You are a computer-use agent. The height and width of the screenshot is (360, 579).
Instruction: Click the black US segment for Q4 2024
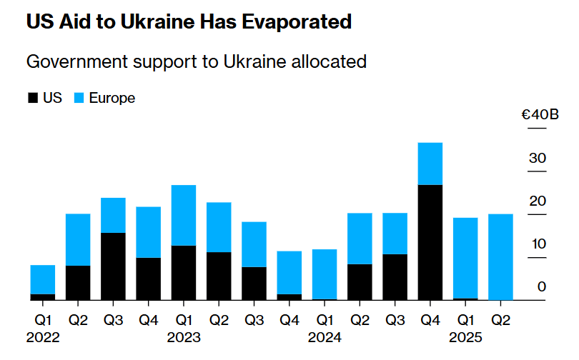click(430, 242)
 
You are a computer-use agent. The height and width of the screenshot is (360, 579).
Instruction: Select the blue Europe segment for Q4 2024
click(430, 164)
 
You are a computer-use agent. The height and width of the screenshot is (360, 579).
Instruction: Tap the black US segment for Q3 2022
click(113, 266)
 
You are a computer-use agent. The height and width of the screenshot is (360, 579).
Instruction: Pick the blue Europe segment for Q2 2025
click(500, 256)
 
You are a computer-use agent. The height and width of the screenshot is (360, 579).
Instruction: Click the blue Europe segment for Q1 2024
click(325, 274)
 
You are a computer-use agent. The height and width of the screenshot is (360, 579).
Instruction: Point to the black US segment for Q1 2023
click(184, 272)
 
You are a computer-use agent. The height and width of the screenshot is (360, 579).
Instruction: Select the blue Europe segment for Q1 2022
click(43, 279)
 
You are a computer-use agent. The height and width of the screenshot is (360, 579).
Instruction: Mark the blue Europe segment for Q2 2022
click(78, 239)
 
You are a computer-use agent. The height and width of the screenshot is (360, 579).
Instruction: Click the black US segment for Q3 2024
click(395, 276)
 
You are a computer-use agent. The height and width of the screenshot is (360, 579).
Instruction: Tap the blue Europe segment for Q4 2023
click(289, 272)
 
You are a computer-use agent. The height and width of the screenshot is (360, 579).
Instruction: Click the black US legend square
click(32, 99)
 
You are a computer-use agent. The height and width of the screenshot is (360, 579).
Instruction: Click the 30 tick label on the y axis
click(538, 159)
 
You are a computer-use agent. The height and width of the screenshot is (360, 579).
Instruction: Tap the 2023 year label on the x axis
click(184, 336)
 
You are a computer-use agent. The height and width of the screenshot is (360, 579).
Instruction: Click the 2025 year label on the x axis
click(465, 336)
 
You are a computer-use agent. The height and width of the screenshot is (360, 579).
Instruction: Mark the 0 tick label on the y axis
click(542, 287)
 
